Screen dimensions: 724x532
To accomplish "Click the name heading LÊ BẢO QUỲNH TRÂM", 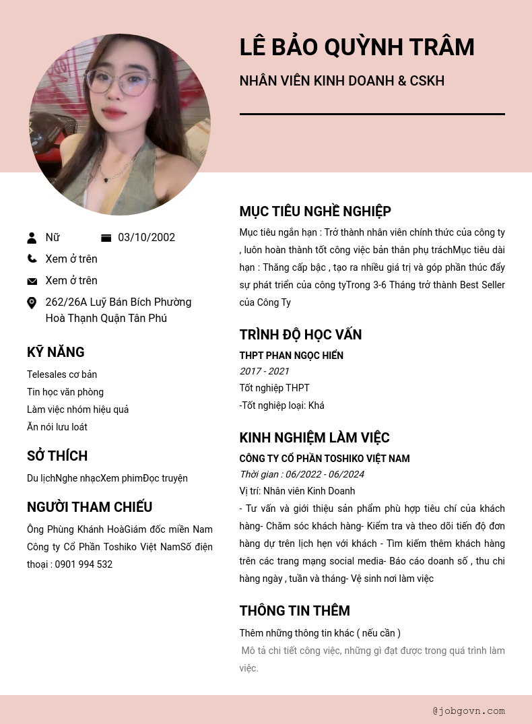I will point(357,47).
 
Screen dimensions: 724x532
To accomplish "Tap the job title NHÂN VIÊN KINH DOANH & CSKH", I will point(341,81).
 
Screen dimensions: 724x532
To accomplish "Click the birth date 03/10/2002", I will point(146,238).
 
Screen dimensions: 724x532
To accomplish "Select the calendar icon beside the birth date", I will point(106,238).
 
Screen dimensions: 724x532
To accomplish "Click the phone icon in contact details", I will point(32,259).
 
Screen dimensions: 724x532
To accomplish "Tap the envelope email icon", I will point(32,281).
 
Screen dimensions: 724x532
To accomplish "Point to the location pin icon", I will point(32,303).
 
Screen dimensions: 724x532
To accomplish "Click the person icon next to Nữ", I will point(32,238).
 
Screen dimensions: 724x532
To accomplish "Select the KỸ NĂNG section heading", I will point(55,352).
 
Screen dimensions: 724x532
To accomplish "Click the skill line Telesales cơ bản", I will point(62,374).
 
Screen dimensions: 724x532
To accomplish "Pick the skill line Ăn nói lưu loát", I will point(57,427).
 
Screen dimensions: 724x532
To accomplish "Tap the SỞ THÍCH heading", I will point(57,456).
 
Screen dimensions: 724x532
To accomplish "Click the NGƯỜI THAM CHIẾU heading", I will point(90,507).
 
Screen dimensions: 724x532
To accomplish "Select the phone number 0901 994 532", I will point(84,564).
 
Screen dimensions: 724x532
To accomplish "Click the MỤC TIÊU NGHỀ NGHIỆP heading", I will point(315,211).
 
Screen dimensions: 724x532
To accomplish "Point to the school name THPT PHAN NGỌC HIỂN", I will point(291,356).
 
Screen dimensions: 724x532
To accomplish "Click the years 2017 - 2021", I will point(264,371).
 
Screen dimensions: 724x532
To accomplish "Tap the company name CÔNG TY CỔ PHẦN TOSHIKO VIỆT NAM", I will point(325,459).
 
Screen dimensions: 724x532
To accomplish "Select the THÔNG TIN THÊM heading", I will point(294,611).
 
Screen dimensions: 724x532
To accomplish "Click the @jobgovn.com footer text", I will point(469,711).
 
